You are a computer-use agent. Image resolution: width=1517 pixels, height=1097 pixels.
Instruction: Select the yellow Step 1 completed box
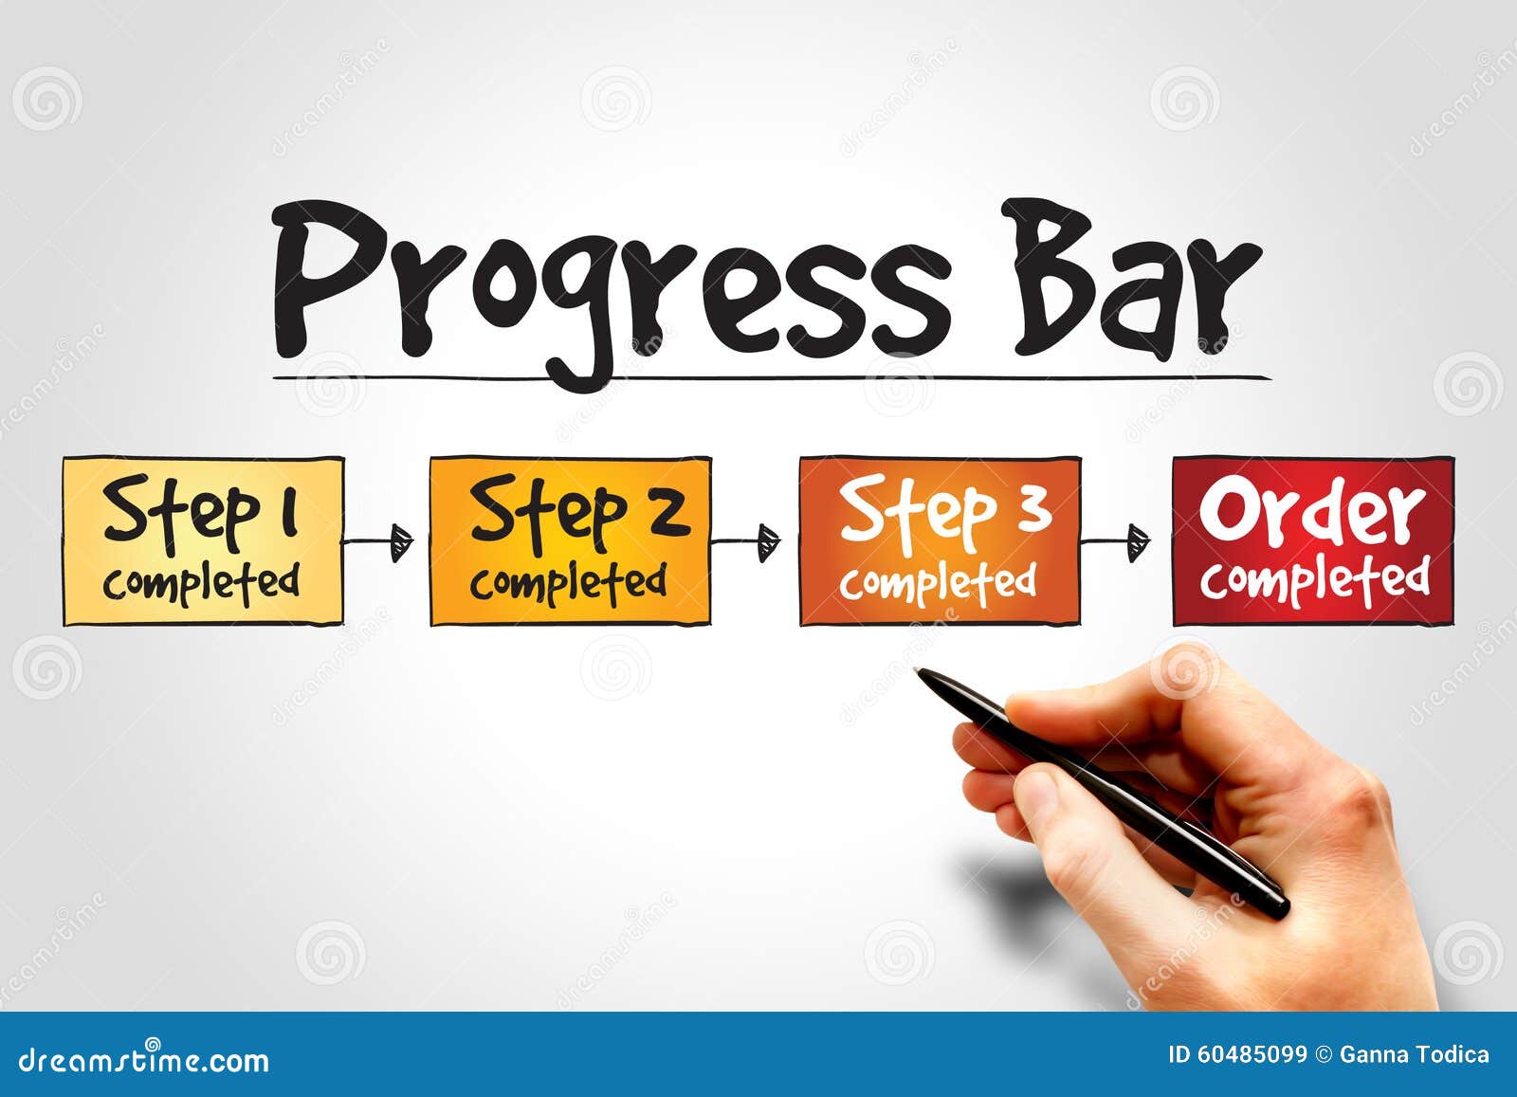pos(203,541)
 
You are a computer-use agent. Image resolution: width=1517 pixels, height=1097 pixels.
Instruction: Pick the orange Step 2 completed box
pos(570,541)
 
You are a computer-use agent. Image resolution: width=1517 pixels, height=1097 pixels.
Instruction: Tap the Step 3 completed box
pos(940,541)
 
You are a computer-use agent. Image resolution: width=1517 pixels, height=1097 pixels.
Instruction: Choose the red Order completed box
pos(1313,541)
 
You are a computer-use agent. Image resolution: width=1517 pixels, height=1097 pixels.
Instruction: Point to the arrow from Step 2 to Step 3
pos(745,542)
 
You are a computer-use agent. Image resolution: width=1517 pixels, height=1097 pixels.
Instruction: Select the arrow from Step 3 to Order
pos(1115,542)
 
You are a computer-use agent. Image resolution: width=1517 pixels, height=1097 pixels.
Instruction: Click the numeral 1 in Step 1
pos(287,510)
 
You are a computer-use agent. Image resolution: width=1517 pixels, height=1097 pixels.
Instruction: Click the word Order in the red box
pos(1313,512)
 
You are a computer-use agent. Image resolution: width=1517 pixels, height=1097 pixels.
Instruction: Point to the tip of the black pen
pos(919,671)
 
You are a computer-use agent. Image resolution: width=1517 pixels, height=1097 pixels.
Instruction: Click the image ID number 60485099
pos(1251,1054)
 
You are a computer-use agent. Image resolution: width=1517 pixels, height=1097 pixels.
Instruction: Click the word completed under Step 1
pos(201,581)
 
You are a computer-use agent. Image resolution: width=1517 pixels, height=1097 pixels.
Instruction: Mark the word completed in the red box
pos(1315,578)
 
